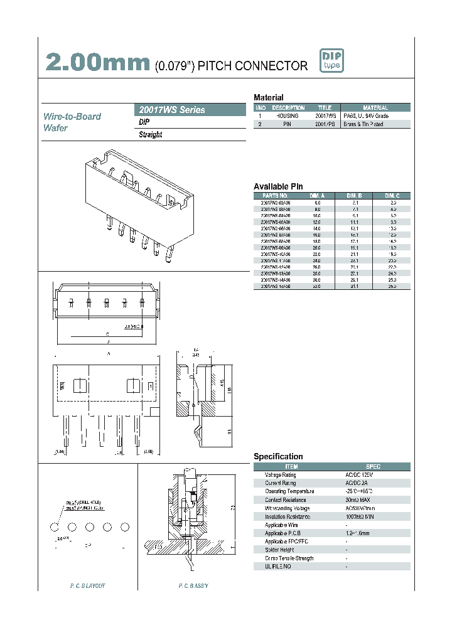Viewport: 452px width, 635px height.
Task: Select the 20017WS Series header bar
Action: point(191,110)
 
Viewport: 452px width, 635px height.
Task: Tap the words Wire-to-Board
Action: point(72,117)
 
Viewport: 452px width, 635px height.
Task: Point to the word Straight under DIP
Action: point(151,135)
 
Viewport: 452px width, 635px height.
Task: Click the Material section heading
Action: point(268,98)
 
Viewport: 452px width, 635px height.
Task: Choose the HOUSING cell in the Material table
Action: point(288,116)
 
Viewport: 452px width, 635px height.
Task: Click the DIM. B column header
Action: point(356,195)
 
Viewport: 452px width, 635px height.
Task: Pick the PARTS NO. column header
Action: point(276,195)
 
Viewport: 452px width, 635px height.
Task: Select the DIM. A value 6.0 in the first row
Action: point(317,203)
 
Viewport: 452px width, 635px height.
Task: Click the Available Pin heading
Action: point(278,186)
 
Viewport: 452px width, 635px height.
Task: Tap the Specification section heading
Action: point(277,457)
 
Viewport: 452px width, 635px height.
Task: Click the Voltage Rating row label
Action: point(280,475)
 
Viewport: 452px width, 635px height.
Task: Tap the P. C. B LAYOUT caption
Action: point(87,585)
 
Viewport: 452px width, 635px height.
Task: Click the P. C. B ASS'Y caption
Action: point(193,585)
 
